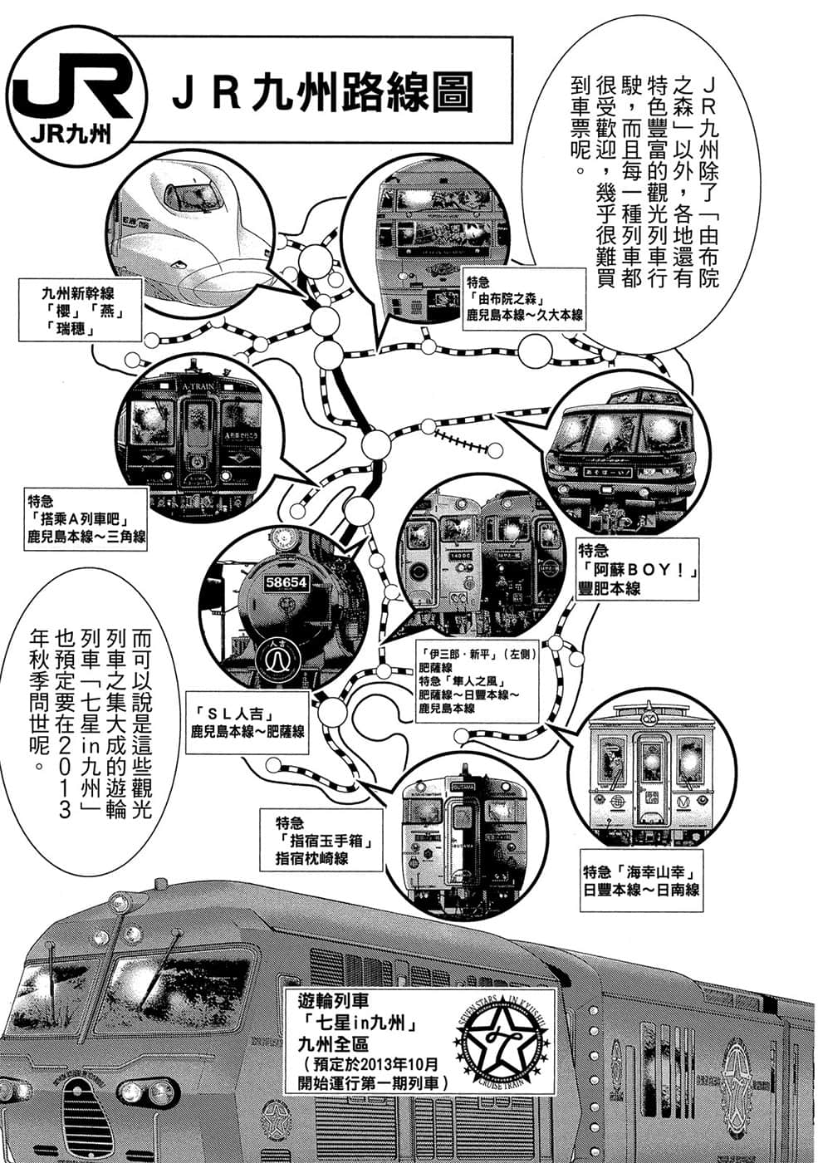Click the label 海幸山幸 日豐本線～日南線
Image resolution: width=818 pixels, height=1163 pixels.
pyautogui.click(x=641, y=881)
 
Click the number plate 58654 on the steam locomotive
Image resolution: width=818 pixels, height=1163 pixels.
pyautogui.click(x=287, y=582)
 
